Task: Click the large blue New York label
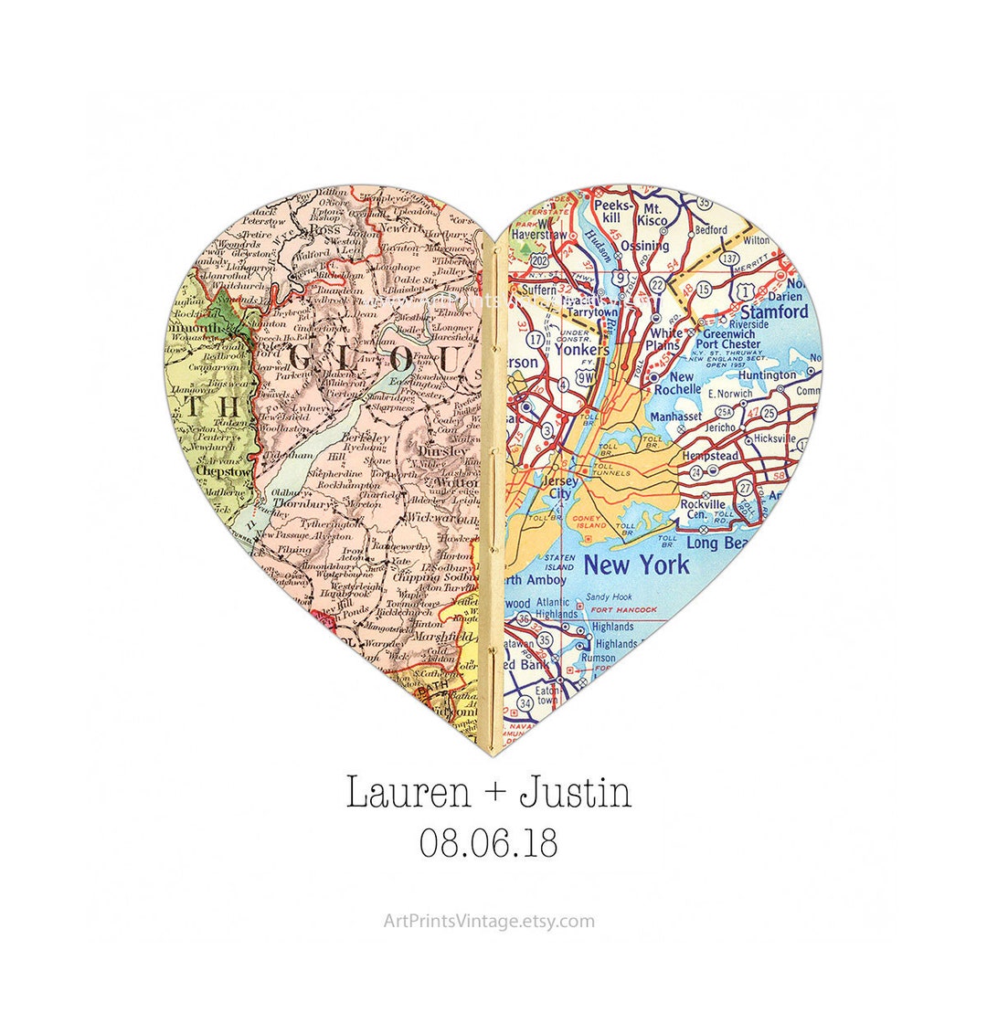(636, 564)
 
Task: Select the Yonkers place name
(581, 350)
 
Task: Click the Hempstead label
(710, 455)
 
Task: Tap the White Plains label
(663, 339)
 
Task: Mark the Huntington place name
(767, 375)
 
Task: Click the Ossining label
(644, 246)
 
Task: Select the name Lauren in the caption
(408, 793)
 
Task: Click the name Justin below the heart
(575, 793)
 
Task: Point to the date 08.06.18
(489, 842)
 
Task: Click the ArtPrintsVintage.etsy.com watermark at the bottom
(489, 921)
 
